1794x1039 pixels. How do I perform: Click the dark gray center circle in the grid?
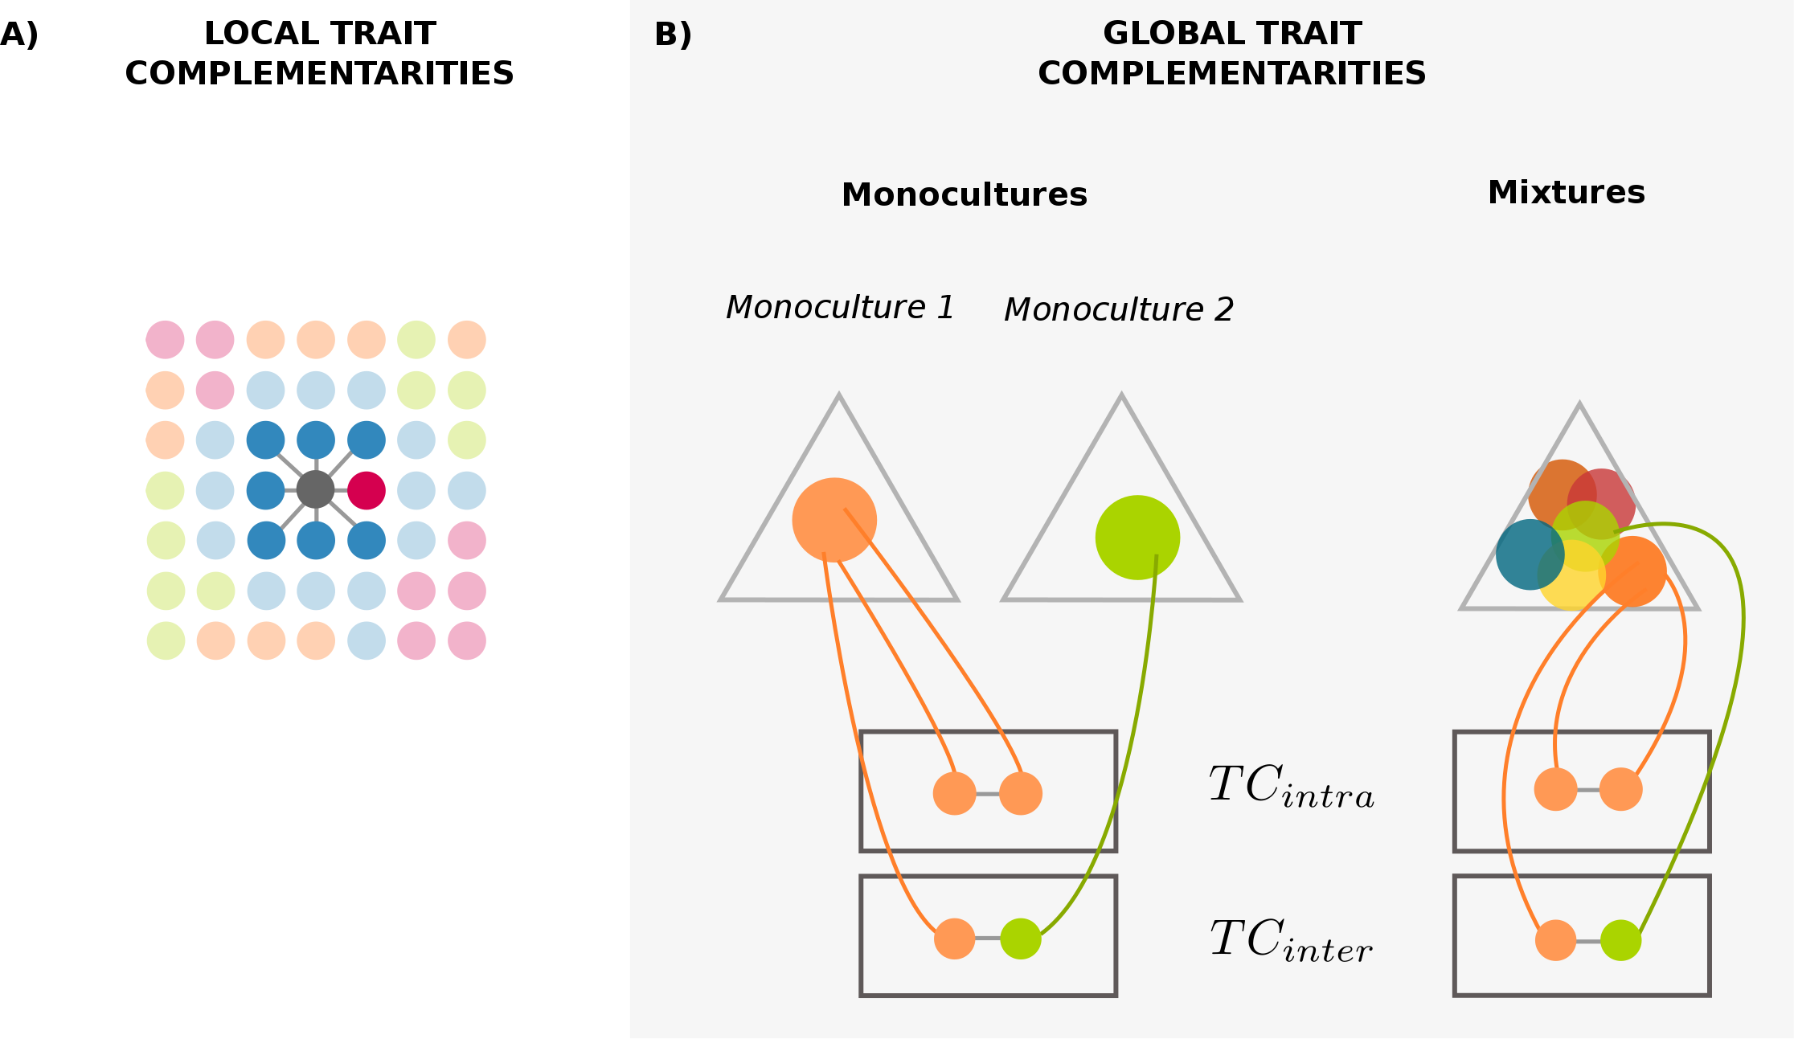(x=315, y=489)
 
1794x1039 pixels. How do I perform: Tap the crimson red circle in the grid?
(x=367, y=490)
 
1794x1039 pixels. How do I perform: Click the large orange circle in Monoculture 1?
(x=834, y=520)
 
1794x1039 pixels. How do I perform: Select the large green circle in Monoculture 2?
(x=1137, y=538)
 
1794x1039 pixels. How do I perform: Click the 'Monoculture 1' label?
(x=840, y=308)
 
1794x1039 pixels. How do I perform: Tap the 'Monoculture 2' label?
(x=1119, y=310)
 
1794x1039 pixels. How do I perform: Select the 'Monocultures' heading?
(x=964, y=195)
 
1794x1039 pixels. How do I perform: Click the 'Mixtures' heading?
(x=1566, y=193)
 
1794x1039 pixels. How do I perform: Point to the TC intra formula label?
(x=1291, y=786)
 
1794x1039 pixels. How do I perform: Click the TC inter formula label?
(x=1291, y=940)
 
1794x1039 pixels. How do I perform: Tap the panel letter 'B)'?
(x=673, y=35)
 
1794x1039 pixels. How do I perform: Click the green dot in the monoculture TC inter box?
(x=1021, y=939)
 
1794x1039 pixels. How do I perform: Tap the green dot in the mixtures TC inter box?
(x=1620, y=940)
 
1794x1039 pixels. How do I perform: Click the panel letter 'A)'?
(x=19, y=35)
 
